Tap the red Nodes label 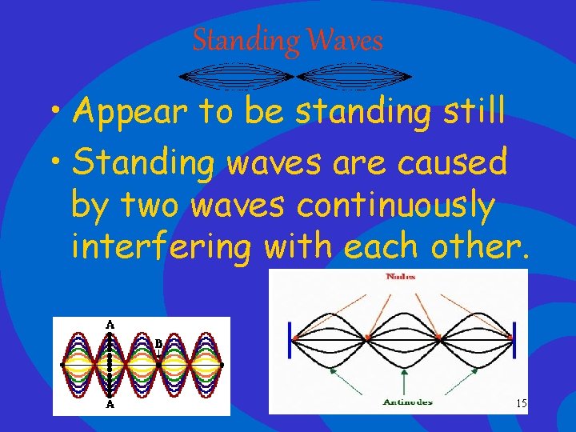tap(400, 277)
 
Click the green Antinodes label tap(408, 402)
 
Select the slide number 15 tap(521, 404)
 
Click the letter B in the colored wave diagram tap(158, 344)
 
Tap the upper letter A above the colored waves tap(110, 324)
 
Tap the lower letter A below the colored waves tap(110, 406)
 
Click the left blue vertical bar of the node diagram tap(290, 340)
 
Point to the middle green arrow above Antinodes tap(402, 376)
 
